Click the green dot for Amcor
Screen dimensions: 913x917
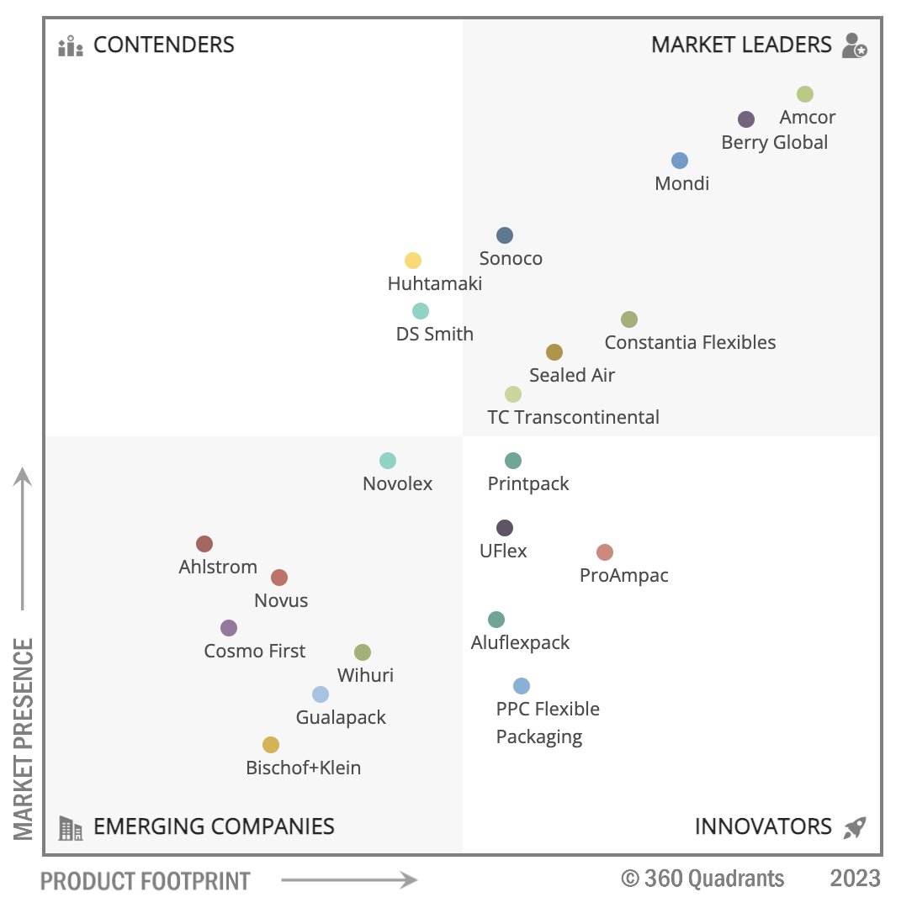[805, 94]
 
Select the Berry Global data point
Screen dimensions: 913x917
[746, 119]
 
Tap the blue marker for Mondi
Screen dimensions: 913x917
[680, 161]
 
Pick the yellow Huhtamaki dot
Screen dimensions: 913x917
[413, 261]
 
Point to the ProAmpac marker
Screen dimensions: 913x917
[605, 552]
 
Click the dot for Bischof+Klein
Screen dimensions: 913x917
[271, 745]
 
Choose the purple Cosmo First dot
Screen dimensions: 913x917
[229, 628]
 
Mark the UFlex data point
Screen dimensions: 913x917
[505, 528]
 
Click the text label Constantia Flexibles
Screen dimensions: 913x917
[690, 342]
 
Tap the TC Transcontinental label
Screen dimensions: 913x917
[573, 417]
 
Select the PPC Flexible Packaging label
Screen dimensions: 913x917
[547, 723]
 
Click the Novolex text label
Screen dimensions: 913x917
[397, 483]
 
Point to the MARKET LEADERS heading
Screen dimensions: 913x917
[741, 45]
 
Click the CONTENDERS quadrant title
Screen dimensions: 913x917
[163, 45]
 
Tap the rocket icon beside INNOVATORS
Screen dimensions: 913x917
[855, 827]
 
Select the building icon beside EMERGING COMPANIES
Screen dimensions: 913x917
[71, 828]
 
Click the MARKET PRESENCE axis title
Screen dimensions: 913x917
[24, 738]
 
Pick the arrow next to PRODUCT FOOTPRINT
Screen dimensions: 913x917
[348, 880]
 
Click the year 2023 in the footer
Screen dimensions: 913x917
[855, 879]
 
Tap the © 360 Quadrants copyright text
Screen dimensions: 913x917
[702, 879]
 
